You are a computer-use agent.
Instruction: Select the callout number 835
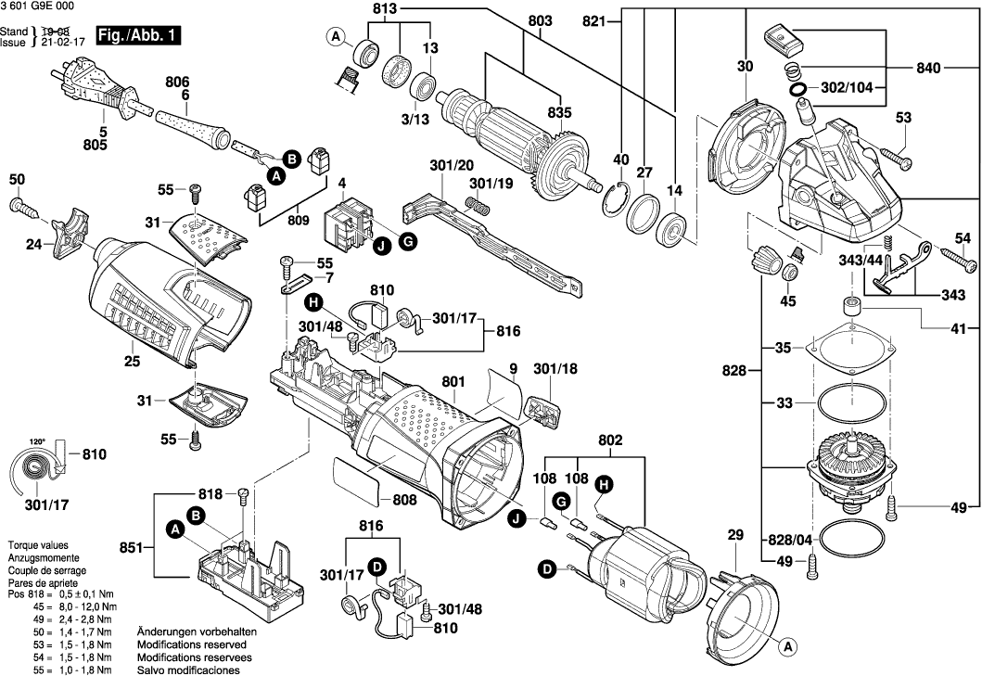click(x=560, y=111)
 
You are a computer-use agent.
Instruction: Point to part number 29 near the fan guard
click(x=735, y=535)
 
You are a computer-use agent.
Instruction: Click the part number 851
click(x=131, y=548)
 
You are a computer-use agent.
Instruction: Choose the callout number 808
click(x=404, y=500)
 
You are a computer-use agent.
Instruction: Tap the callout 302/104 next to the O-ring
click(x=845, y=89)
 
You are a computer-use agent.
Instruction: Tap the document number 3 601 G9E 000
click(x=40, y=7)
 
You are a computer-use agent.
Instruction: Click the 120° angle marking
click(x=38, y=442)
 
